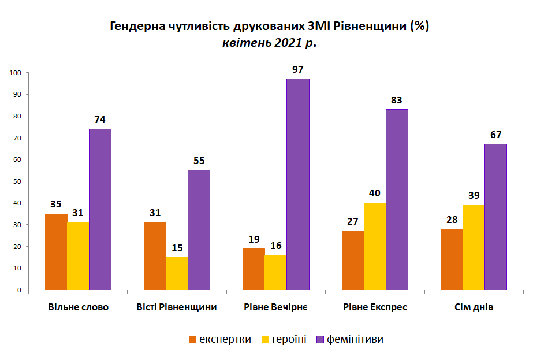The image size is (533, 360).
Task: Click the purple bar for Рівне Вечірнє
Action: [x=298, y=184]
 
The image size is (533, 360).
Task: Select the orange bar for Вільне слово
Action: [x=56, y=252]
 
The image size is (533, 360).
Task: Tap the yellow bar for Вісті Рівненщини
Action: [x=177, y=273]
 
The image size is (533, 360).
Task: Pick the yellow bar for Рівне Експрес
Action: [x=375, y=246]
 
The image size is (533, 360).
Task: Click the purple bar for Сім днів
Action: [x=495, y=217]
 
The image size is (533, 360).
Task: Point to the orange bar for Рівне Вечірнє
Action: [x=254, y=269]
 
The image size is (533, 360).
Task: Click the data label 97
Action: [x=297, y=70]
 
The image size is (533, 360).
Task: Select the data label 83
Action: [x=396, y=101]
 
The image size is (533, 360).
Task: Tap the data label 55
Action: [x=199, y=161]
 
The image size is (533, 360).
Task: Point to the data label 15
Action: [x=177, y=248]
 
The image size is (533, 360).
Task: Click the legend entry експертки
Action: [x=220, y=339]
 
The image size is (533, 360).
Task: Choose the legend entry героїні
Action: [x=284, y=339]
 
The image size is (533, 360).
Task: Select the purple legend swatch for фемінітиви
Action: [x=320, y=340]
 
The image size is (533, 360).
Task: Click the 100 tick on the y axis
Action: [x=16, y=73]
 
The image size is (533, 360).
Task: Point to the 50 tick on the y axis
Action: [x=18, y=181]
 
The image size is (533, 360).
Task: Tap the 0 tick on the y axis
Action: [x=20, y=290]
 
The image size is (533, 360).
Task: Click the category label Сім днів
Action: [x=474, y=307]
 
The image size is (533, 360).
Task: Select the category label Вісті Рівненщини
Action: [x=177, y=307]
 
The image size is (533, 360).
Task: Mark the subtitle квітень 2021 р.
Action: [x=269, y=43]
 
